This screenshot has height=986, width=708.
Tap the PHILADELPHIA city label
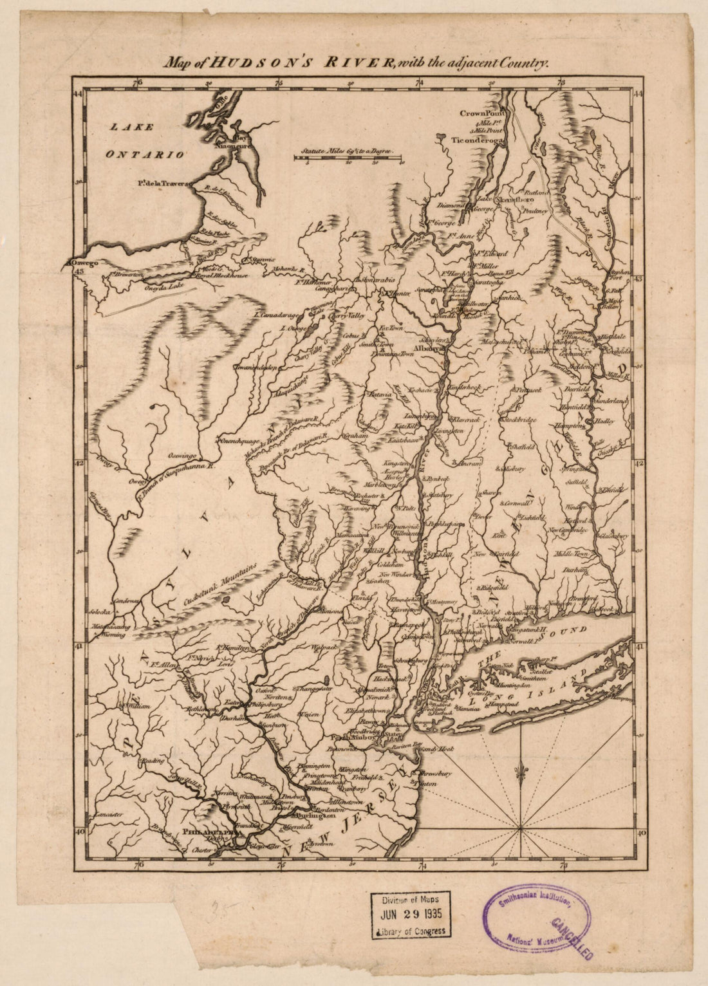[207, 831]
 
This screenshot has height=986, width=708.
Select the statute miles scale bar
[348, 156]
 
